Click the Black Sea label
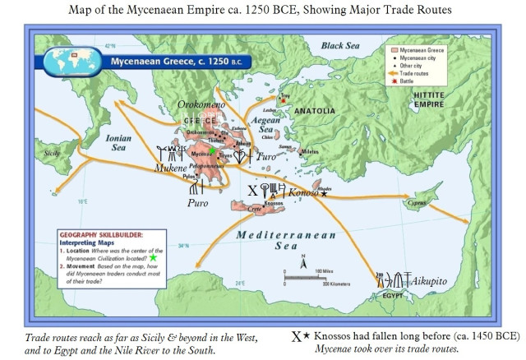(346, 45)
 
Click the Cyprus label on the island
(418, 201)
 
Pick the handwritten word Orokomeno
(205, 105)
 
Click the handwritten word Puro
(198, 202)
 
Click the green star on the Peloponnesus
(212, 151)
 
